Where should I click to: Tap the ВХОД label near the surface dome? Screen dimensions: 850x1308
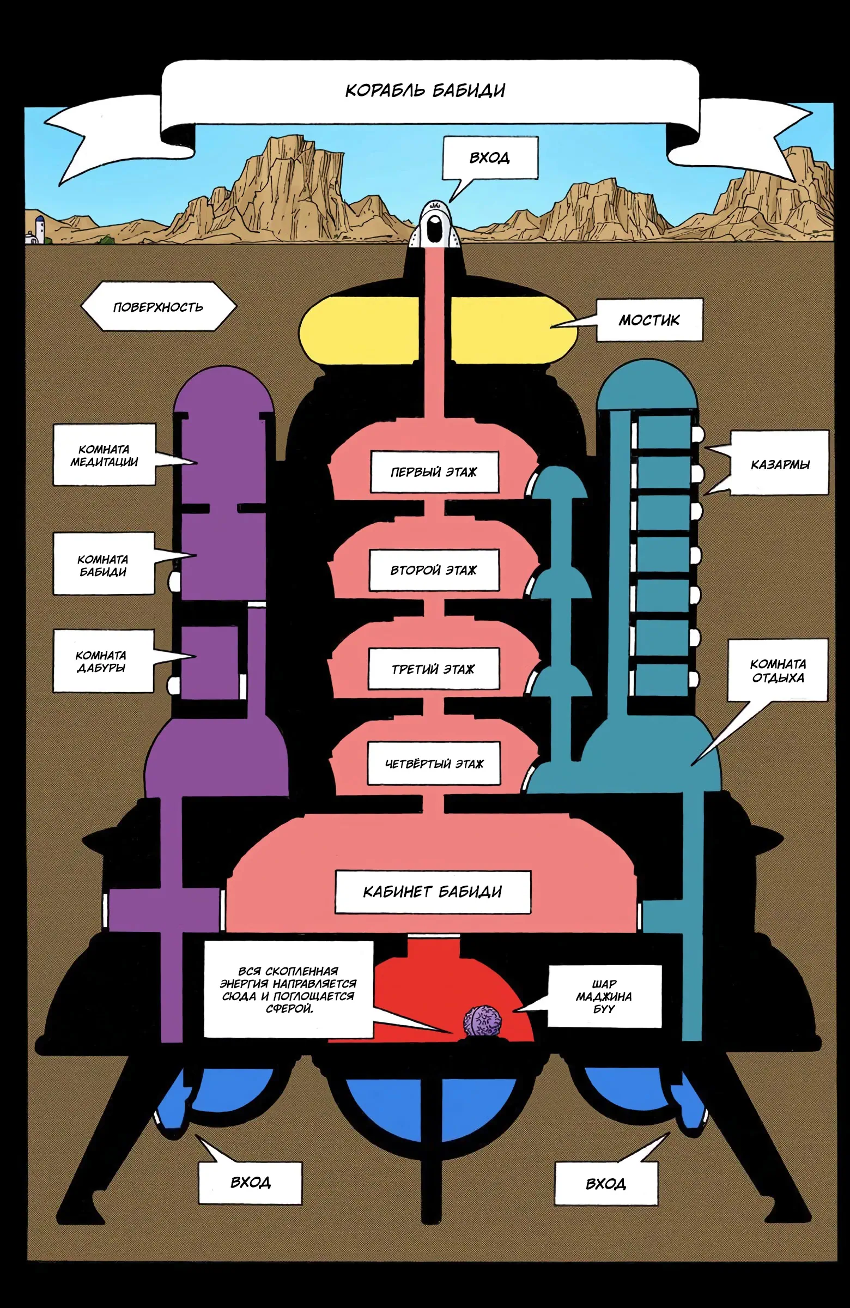489,158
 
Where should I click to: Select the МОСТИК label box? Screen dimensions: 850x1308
649,320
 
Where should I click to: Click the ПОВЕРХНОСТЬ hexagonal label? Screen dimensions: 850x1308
158,307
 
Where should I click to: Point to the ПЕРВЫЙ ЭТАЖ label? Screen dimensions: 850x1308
434,472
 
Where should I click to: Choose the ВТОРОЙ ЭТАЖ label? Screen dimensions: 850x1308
434,571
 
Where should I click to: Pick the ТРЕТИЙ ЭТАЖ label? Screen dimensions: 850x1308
434,669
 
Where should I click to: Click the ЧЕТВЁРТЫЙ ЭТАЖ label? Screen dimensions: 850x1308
434,764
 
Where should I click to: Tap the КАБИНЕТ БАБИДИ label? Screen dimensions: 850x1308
433,892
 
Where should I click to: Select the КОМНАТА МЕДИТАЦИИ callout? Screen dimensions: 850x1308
104,455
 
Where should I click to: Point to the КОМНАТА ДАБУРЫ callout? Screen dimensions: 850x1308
102,661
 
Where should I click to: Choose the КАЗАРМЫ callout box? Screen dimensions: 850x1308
780,464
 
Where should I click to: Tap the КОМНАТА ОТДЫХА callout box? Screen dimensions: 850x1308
778,670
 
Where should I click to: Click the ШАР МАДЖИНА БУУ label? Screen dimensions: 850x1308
604,996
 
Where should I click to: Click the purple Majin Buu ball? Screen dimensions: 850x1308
482,1022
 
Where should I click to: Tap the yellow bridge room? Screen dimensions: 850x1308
438,330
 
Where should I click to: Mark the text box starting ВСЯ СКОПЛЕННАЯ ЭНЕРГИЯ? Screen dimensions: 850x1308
288,989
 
